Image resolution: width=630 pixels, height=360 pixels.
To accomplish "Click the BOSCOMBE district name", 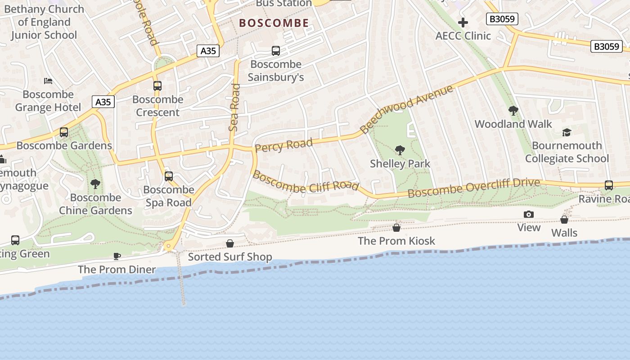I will pos(274,23).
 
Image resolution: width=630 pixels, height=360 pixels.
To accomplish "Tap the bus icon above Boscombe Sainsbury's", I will pos(276,51).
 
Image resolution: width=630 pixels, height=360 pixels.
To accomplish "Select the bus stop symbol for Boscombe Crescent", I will pos(157,85).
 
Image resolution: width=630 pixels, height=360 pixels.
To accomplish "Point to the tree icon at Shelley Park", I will pos(400,150).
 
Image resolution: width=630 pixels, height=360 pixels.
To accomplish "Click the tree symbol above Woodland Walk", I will pos(513,110).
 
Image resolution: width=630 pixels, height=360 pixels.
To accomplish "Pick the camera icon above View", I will pos(529,214).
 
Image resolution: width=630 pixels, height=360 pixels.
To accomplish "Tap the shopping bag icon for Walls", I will pos(564,220).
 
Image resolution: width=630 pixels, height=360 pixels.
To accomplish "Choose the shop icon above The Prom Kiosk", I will pos(396,228).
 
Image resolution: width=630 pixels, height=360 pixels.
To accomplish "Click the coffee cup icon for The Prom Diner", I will pos(117,256).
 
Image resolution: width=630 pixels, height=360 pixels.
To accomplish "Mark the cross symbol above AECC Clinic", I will pos(463,22).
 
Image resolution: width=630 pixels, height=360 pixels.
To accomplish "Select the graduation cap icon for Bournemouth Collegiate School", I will pos(567,132).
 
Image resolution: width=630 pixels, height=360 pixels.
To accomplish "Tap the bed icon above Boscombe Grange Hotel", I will pos(48,81).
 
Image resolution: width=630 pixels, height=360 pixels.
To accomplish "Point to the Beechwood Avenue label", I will pos(406,109).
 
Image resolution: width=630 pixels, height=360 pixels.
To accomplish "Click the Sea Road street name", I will pos(234,108).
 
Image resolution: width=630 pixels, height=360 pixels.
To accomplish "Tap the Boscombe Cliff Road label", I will pos(306,181).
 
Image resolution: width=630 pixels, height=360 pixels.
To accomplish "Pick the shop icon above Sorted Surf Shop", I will pos(230,243).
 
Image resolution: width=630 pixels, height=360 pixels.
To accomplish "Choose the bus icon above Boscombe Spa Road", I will pos(169,176).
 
